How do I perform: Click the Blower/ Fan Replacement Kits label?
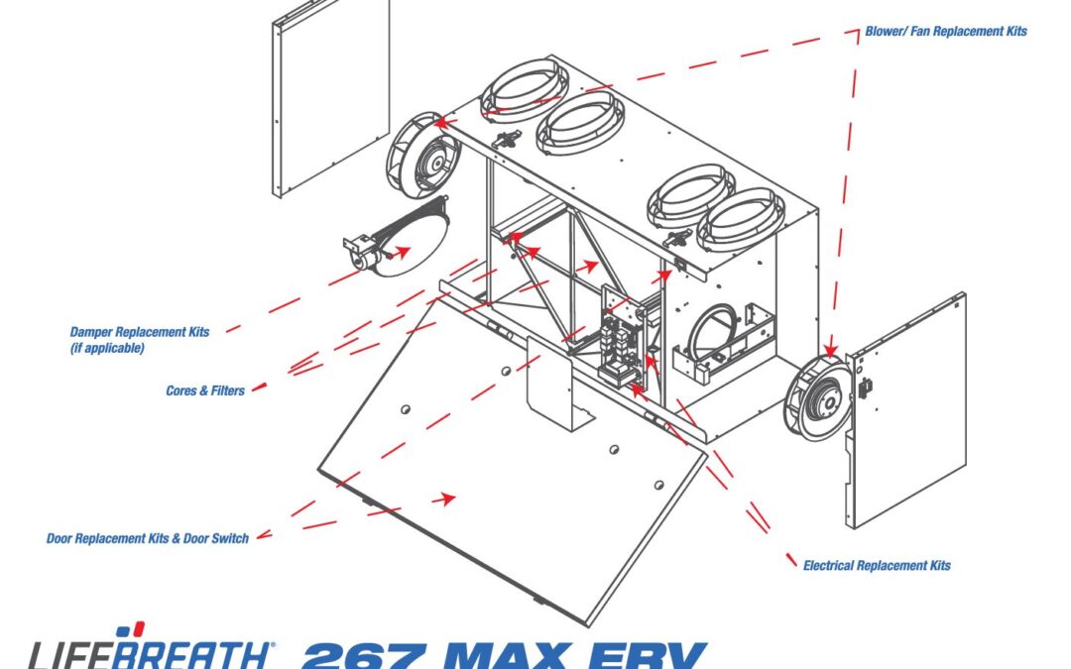[946, 31]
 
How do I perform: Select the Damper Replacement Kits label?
[140, 332]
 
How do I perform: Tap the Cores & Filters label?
[205, 390]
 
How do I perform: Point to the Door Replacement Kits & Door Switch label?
[148, 538]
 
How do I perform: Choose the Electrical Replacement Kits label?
[877, 565]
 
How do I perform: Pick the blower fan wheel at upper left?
[423, 152]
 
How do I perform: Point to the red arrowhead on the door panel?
[445, 499]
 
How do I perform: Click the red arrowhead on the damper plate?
[401, 251]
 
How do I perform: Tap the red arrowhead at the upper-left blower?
[444, 123]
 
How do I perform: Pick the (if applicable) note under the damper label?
[107, 348]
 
